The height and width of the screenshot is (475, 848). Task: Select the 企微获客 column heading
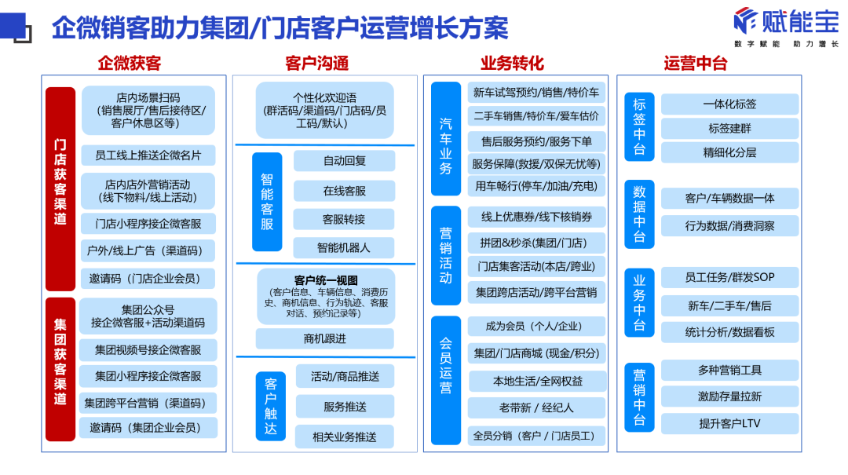tap(130, 64)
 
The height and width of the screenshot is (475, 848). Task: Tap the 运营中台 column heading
tap(695, 64)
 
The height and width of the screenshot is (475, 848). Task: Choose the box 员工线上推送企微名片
tap(148, 155)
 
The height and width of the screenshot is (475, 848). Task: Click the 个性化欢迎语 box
tap(324, 111)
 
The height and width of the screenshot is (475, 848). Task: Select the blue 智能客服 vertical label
tap(267, 202)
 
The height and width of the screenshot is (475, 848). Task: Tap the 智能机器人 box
tap(343, 247)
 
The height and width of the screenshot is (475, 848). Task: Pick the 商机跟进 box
tap(324, 338)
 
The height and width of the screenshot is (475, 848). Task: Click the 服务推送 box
tap(345, 406)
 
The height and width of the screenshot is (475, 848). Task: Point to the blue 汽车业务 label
tap(446, 139)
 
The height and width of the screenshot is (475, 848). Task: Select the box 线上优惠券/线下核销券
tap(537, 217)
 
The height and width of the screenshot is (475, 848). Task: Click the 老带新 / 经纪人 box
tap(536, 407)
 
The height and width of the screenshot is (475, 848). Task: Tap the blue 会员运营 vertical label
tap(446, 366)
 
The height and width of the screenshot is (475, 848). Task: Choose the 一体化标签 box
tap(729, 104)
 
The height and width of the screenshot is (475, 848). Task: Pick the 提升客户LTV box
tap(729, 423)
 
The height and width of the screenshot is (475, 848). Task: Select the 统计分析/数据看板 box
tap(729, 332)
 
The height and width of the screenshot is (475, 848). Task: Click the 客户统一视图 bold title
tap(325, 280)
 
